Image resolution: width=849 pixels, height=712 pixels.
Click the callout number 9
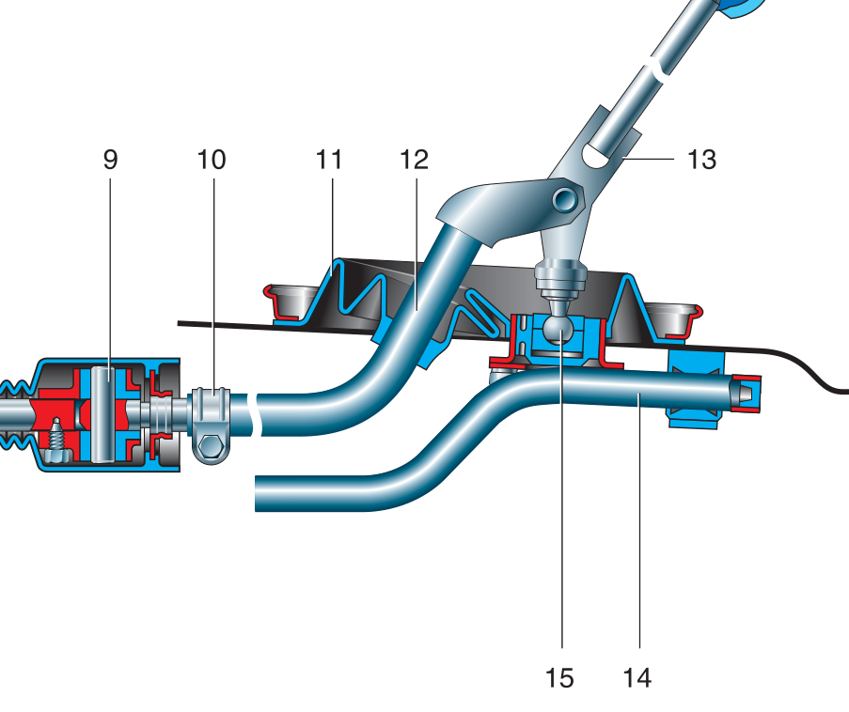pyautogui.click(x=111, y=159)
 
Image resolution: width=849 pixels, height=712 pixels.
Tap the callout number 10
pyautogui.click(x=212, y=159)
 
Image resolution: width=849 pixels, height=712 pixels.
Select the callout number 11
pyautogui.click(x=328, y=159)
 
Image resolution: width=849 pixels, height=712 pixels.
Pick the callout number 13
pyautogui.click(x=700, y=159)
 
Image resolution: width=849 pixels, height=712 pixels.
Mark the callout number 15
pyautogui.click(x=559, y=676)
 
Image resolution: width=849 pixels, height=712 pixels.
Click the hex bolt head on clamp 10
pyautogui.click(x=212, y=450)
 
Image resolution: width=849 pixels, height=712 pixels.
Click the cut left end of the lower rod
pyautogui.click(x=258, y=492)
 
